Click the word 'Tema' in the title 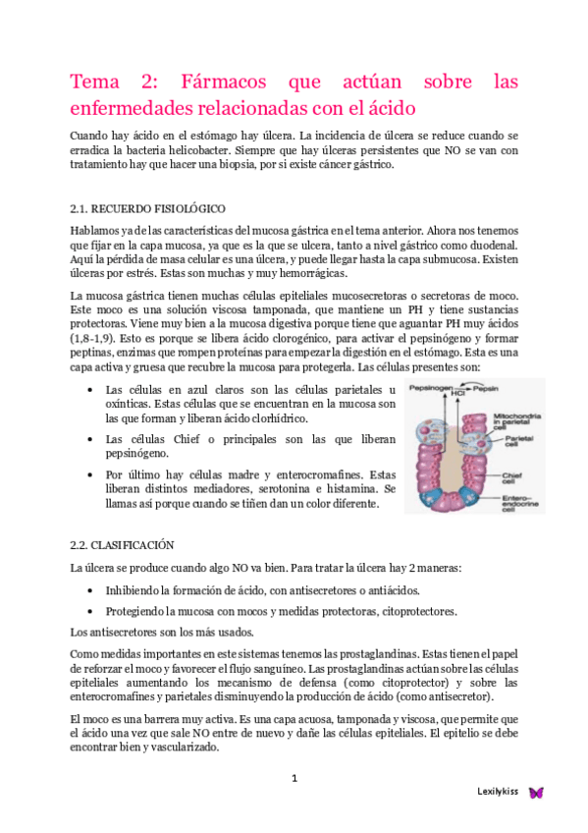click(95, 82)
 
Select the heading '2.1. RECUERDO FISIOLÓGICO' click(148, 209)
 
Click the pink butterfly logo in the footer click(536, 792)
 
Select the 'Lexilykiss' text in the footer click(499, 792)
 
